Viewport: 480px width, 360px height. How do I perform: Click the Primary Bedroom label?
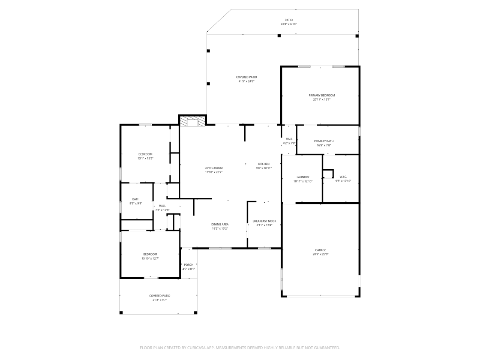(321, 96)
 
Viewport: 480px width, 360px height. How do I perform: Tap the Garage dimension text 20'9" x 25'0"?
(321, 254)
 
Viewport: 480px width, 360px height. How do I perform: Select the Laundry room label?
(303, 177)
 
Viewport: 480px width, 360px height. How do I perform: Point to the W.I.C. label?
(343, 177)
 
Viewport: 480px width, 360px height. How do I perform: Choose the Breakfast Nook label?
(264, 221)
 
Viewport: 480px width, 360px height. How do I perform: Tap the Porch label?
(189, 265)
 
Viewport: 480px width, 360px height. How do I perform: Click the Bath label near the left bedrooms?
(135, 199)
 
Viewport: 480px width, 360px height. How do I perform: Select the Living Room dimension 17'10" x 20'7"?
(214, 172)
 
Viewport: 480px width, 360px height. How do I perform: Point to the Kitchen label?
(264, 164)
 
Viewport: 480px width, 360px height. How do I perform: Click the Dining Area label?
(220, 225)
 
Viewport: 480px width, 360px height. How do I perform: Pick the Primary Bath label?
(324, 141)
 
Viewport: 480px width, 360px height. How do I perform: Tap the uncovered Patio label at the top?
(289, 20)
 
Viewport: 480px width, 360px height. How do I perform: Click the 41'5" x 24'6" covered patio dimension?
(246, 81)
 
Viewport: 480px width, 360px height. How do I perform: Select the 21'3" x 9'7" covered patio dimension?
(159, 300)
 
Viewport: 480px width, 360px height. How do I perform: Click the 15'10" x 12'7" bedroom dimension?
(150, 258)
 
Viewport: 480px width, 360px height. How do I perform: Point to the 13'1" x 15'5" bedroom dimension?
(145, 158)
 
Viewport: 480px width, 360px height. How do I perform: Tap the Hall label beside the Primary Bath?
(289, 139)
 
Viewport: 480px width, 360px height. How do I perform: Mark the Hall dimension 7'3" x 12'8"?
(162, 210)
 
